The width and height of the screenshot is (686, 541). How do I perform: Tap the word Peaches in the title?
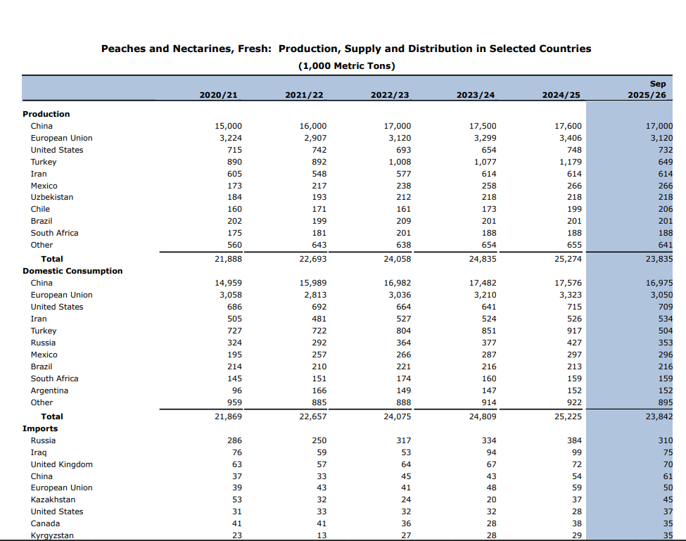click(x=125, y=49)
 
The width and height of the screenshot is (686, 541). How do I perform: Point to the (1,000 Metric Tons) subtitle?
click(x=346, y=65)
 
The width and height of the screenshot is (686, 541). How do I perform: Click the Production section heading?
click(x=46, y=114)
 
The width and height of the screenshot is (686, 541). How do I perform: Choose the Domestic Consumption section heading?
click(x=72, y=271)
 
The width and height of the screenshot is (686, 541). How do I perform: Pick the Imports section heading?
click(x=40, y=428)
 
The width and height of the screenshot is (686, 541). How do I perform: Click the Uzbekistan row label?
click(x=52, y=197)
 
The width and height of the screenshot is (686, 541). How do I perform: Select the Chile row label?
click(x=40, y=209)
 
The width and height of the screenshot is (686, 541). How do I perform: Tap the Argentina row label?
click(x=49, y=390)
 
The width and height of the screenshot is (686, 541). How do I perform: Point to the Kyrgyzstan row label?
click(x=52, y=535)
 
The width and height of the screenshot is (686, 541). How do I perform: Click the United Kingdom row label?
click(x=61, y=464)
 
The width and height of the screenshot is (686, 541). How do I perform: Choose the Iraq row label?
click(x=39, y=452)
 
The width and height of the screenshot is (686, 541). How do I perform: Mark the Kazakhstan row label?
click(x=53, y=499)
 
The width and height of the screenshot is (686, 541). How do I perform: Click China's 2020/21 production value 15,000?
click(x=228, y=126)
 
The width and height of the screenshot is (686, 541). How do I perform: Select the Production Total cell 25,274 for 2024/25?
click(x=568, y=259)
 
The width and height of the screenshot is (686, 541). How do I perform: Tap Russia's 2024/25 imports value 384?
click(x=574, y=440)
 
